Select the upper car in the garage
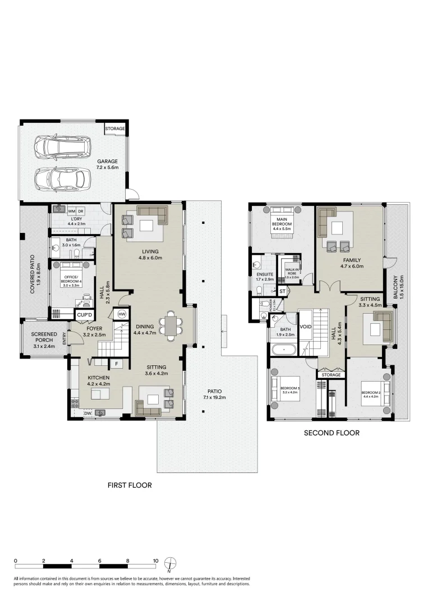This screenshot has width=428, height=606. click(x=62, y=148)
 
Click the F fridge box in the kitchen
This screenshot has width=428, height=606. click(x=117, y=364)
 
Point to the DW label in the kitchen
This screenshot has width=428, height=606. click(x=88, y=413)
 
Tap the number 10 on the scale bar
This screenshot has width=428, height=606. click(x=155, y=561)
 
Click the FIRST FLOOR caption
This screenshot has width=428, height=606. click(x=130, y=485)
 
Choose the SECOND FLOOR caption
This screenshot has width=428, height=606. click(x=332, y=433)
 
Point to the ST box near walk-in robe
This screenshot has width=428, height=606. click(x=282, y=291)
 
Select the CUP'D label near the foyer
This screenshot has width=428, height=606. click(x=84, y=315)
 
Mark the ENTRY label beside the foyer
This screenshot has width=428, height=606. click(x=65, y=338)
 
